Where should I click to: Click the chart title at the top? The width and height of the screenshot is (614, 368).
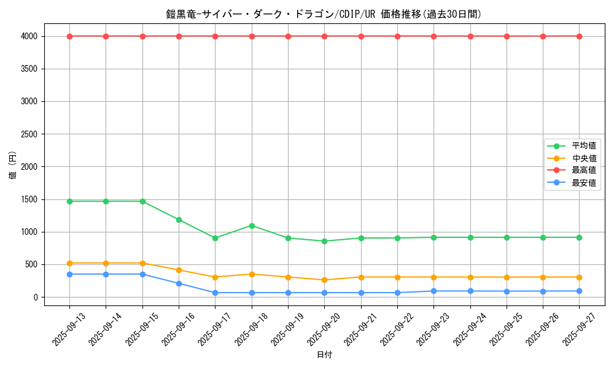tap(324, 14)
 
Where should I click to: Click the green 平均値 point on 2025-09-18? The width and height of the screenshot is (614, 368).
tap(252, 226)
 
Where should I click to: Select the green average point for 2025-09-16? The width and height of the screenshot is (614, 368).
tap(179, 220)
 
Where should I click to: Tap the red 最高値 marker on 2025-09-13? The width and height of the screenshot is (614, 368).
tap(69, 36)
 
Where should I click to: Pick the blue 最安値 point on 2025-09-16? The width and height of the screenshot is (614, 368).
tap(179, 283)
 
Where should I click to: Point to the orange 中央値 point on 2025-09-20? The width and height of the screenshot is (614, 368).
tap(325, 280)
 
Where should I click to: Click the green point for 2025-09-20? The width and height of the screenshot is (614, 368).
tap(325, 241)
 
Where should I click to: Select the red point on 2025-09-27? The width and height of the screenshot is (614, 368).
tap(580, 36)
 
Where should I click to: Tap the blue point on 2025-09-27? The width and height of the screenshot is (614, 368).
tap(580, 291)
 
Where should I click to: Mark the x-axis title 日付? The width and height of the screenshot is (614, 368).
tap(324, 355)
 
